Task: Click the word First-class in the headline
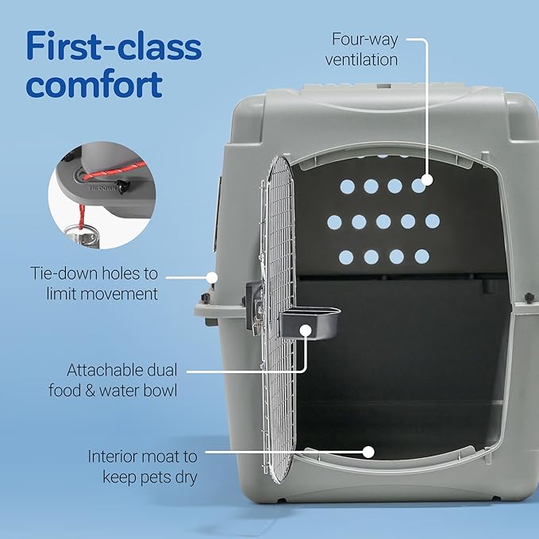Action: (114, 47)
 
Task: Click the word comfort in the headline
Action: (94, 84)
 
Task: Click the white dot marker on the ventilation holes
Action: (426, 180)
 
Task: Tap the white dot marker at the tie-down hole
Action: (212, 277)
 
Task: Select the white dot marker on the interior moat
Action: (368, 451)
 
